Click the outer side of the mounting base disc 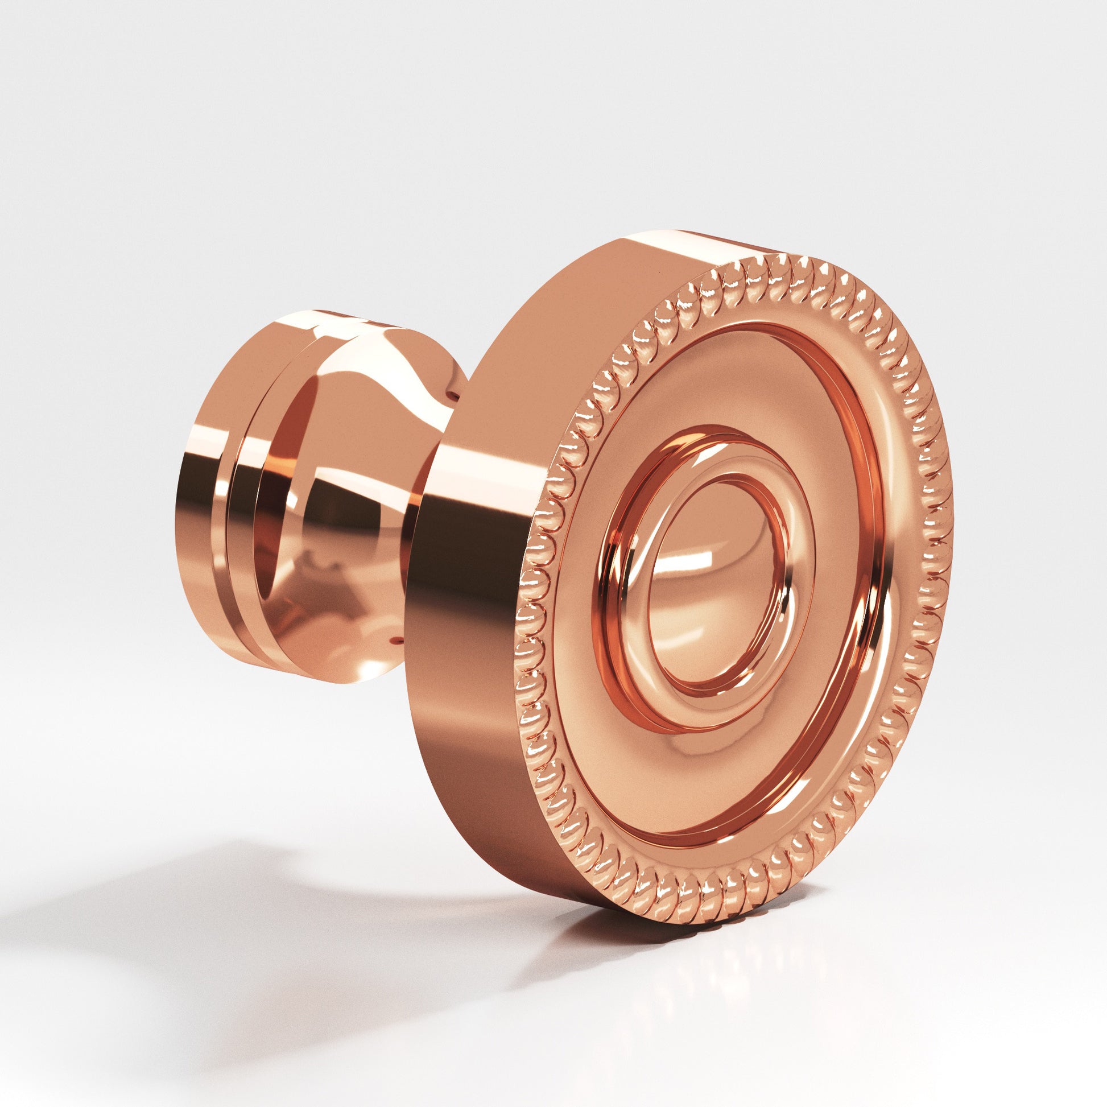tap(195, 516)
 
